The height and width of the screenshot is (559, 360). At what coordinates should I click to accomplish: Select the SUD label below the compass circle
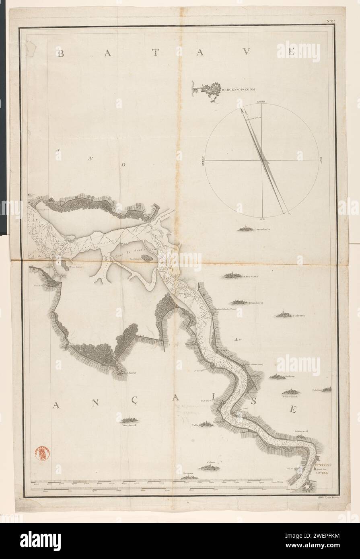262,220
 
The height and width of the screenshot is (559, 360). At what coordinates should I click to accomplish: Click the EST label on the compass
321,160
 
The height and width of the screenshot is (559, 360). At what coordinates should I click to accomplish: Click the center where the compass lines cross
262,160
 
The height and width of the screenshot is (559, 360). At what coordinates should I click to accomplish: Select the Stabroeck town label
299,315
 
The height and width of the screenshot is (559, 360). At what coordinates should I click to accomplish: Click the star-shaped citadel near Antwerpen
309,487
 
